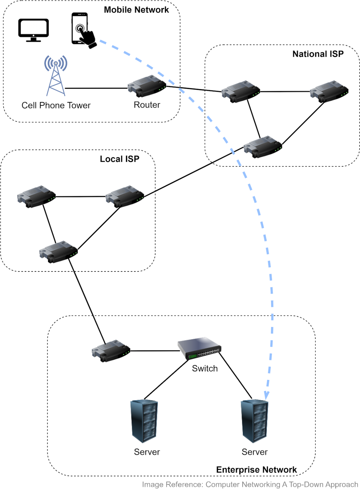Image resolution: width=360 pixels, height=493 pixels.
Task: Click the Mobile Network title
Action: pos(136,10)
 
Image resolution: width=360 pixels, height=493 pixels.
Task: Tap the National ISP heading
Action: pos(318,54)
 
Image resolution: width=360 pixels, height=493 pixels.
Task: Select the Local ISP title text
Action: pos(119,159)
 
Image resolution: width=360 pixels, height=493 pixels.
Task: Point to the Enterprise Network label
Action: pos(256,469)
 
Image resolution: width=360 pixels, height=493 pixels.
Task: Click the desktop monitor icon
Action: pos(33,30)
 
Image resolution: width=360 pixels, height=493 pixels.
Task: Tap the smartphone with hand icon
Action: pos(84,30)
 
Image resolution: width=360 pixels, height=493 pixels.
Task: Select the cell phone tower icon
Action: pos(56,75)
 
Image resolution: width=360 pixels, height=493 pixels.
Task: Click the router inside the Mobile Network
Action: pos(147,86)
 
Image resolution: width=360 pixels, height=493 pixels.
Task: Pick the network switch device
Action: pos(199,348)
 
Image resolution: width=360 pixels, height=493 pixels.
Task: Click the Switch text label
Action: pos(205,368)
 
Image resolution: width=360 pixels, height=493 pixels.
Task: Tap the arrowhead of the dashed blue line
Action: pos(266,396)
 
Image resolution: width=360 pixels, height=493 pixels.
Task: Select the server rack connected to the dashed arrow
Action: pos(254,421)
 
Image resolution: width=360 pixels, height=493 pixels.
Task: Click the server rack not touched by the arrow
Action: pos(144,421)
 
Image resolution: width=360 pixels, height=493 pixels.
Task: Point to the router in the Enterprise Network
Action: pos(111,351)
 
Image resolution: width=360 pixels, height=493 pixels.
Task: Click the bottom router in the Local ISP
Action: pos(58,252)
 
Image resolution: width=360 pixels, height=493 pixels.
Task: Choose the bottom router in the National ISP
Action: pos(263,147)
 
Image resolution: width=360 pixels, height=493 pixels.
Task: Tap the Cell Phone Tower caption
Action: pos(56,105)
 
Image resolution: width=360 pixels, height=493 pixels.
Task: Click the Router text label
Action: pos(147,105)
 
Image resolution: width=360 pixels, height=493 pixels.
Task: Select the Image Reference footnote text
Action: pos(250,484)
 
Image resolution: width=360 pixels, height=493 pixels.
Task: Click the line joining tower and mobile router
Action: pos(96,88)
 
